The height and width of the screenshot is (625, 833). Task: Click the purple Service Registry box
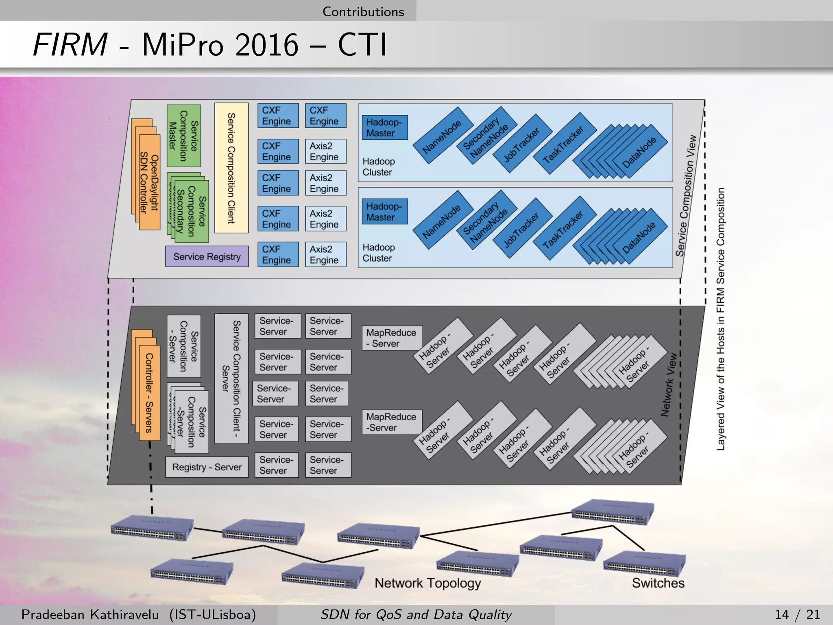207,256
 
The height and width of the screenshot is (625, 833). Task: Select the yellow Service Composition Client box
231,168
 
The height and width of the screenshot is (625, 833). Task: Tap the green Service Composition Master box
183,135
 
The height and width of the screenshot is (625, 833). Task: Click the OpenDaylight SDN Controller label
149,183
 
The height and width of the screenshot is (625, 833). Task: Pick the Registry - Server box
207,467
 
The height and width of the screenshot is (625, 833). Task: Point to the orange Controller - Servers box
149,393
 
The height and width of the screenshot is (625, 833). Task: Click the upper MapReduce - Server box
392,338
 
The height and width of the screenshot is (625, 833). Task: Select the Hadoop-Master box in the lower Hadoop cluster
384,212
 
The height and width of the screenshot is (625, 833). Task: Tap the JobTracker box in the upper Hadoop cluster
522,144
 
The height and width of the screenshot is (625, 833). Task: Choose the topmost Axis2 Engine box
325,151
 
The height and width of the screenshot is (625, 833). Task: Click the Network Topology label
427,583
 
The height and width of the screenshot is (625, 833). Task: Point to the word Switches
658,583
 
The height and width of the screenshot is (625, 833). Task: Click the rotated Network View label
669,385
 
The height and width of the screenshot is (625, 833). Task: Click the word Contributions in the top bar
363,11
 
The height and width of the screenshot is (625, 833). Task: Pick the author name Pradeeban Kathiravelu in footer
90,614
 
